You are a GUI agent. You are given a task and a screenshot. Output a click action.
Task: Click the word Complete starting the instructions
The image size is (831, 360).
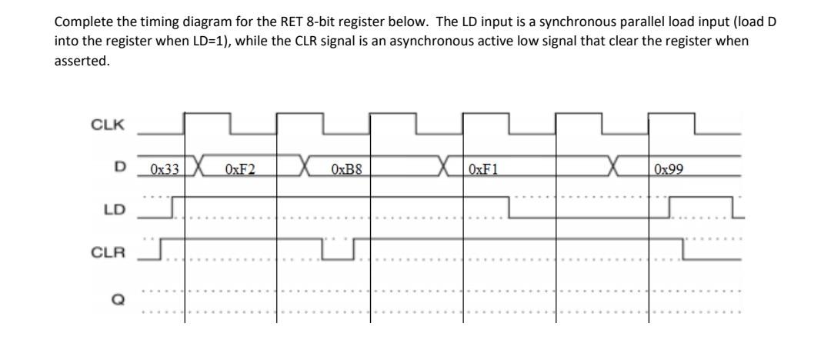pyautogui.click(x=75, y=20)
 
